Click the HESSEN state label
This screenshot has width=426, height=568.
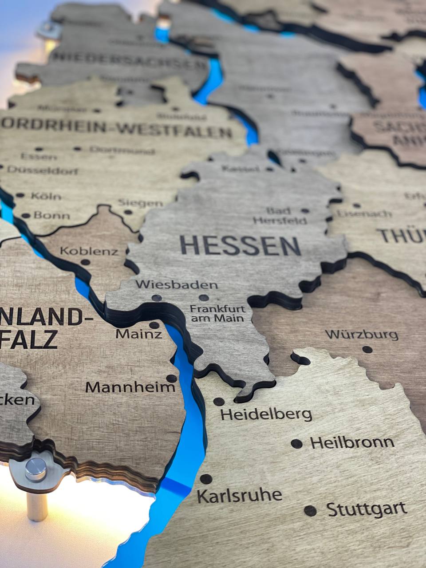240,245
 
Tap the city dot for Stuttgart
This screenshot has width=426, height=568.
310,510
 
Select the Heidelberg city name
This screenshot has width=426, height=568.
266,414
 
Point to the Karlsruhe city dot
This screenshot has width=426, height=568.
206,479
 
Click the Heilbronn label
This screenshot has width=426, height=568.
352,442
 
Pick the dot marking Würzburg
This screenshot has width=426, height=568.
367,349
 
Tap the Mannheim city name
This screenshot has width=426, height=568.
130,387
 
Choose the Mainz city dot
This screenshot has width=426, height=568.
154,325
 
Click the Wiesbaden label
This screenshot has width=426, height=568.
177,284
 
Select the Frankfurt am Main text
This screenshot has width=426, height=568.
217,313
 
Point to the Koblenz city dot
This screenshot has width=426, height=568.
85,262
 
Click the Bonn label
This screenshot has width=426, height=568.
51,216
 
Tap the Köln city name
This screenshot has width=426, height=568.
46,196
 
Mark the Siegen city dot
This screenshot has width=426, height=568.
128,212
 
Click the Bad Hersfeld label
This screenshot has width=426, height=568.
280,216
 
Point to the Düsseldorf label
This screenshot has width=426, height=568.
43,170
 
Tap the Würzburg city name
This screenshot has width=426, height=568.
362,334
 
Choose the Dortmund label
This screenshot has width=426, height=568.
122,150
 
